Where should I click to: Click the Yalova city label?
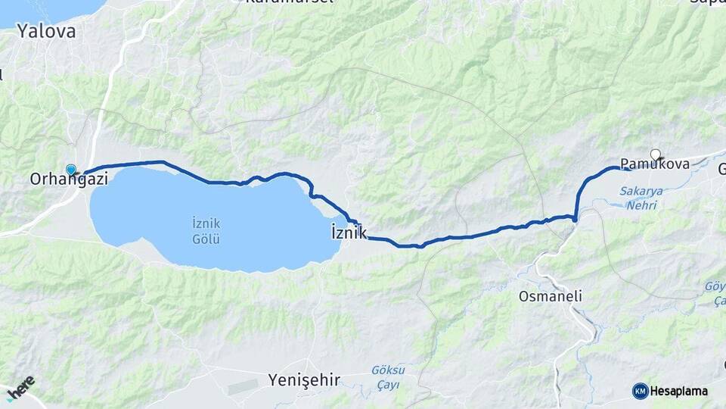click(47, 32)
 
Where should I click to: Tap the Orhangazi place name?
click(69, 180)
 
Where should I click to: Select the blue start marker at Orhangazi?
click(71, 170)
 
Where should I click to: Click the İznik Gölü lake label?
click(206, 231)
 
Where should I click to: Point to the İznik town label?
click(349, 232)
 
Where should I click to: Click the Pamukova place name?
click(654, 164)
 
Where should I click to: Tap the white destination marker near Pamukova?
click(656, 154)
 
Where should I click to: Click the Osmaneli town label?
click(551, 297)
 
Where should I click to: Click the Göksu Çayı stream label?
click(388, 376)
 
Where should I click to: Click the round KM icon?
click(640, 391)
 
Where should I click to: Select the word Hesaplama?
click(679, 391)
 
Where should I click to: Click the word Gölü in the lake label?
click(206, 240)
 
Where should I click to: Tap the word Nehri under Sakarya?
click(641, 204)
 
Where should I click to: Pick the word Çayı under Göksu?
click(388, 383)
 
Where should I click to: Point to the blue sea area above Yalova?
click(53, 9)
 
